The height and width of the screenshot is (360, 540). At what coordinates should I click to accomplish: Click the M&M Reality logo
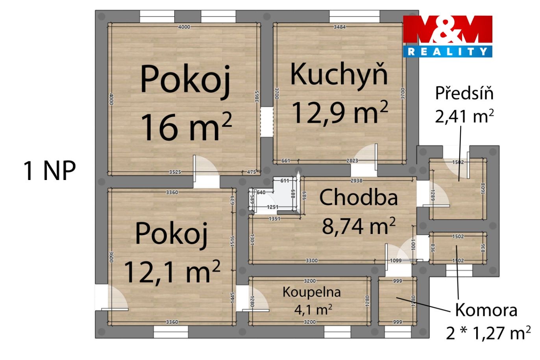point(448,37)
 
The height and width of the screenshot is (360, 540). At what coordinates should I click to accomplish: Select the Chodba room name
point(359,198)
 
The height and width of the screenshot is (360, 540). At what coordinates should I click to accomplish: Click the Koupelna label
point(312,292)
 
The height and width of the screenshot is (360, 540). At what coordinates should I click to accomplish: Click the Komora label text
point(486,310)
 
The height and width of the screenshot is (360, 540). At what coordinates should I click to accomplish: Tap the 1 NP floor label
point(50,171)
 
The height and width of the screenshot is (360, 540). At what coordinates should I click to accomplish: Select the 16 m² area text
point(186,127)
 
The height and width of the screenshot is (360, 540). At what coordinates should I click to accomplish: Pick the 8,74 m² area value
point(359,226)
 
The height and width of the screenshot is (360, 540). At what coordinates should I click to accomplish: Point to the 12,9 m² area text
point(340,112)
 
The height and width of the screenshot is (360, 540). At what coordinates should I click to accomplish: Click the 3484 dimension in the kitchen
point(339,27)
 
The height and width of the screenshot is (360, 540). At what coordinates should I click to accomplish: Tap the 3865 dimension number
point(257,96)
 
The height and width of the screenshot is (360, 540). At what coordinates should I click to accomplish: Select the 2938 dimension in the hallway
point(356,180)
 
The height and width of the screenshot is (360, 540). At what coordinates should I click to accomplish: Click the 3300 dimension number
point(312,261)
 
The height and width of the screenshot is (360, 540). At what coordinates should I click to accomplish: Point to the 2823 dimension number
point(352,161)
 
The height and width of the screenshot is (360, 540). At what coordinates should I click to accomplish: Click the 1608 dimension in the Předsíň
point(483,188)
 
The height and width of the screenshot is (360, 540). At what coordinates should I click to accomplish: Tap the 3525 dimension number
point(175,172)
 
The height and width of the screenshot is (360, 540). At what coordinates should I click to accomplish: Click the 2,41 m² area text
point(464,116)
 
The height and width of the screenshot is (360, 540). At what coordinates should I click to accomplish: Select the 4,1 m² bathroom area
point(313,310)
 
